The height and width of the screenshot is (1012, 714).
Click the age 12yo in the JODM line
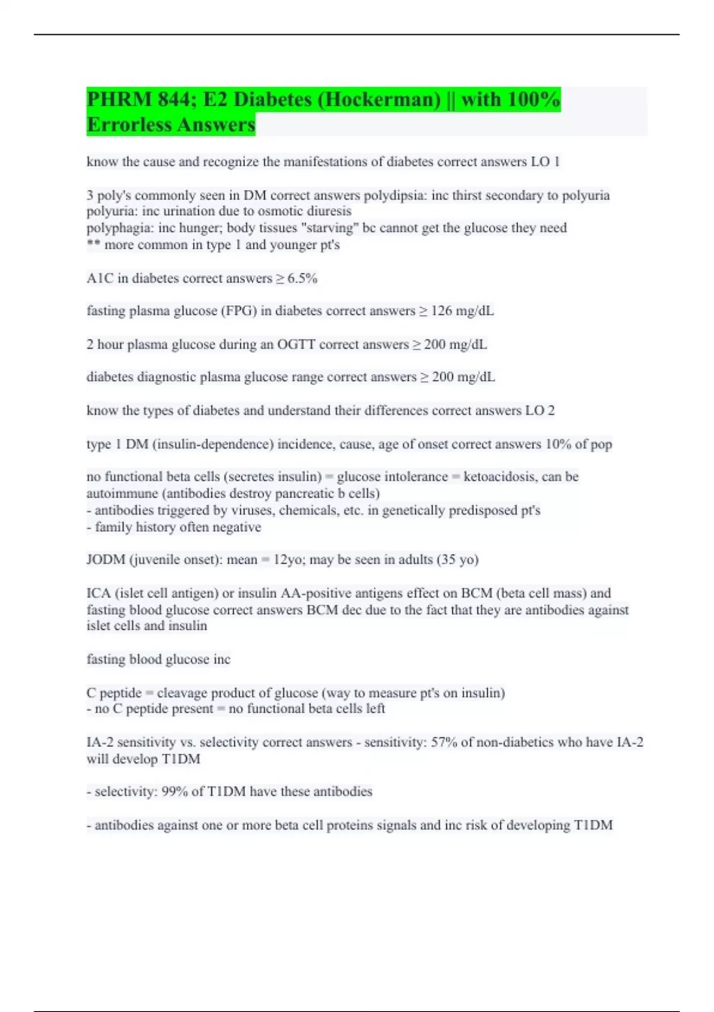pos(287,560)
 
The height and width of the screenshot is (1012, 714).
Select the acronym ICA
pos(98,594)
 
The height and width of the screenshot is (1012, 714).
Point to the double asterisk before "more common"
pos(93,245)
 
